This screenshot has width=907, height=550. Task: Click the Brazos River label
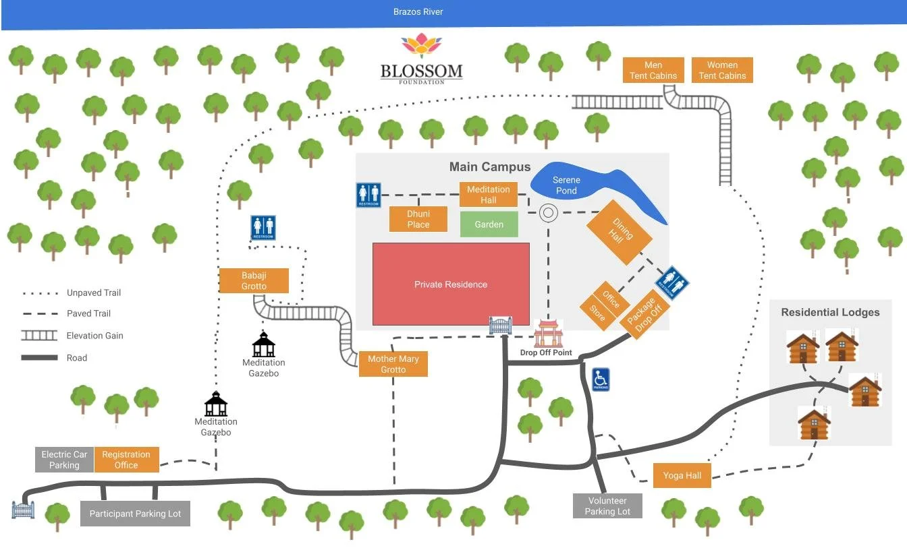tap(418, 12)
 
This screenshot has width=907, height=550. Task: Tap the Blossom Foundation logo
tap(422, 59)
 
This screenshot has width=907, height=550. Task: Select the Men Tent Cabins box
tap(653, 70)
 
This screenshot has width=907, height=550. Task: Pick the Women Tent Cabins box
tap(722, 70)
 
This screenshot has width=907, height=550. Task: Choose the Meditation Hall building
tap(489, 195)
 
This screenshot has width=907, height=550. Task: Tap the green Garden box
tap(489, 224)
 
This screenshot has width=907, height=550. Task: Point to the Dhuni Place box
tap(418, 219)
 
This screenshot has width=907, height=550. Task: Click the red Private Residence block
tap(451, 284)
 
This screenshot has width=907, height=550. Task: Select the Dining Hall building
tap(619, 233)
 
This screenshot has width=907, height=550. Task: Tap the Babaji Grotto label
tap(254, 280)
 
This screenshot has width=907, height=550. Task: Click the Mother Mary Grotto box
tap(393, 364)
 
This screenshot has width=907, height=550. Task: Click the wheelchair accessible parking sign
tap(601, 379)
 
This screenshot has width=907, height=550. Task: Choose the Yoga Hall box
tap(682, 475)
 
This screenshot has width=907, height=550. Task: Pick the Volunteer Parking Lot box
tap(607, 506)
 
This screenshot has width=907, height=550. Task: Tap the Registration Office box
tap(126, 460)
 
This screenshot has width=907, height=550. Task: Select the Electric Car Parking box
tap(64, 460)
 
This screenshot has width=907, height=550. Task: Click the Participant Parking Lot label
tap(135, 514)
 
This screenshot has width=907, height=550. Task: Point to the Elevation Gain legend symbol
tap(39, 336)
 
